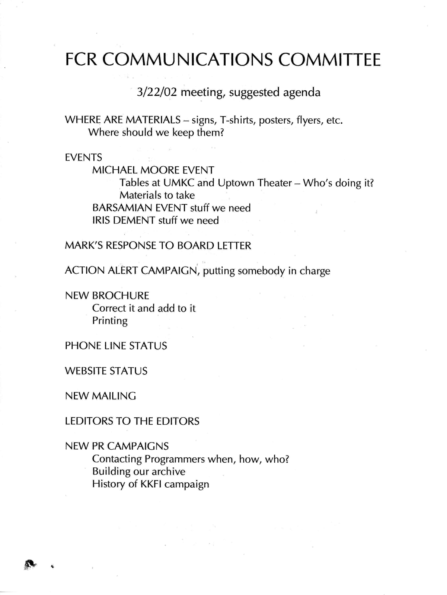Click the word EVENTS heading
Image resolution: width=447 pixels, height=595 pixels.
click(x=83, y=157)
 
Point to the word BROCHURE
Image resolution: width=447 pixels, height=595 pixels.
click(x=120, y=296)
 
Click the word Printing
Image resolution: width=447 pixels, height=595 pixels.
click(x=110, y=321)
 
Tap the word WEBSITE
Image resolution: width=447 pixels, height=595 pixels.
click(x=86, y=371)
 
